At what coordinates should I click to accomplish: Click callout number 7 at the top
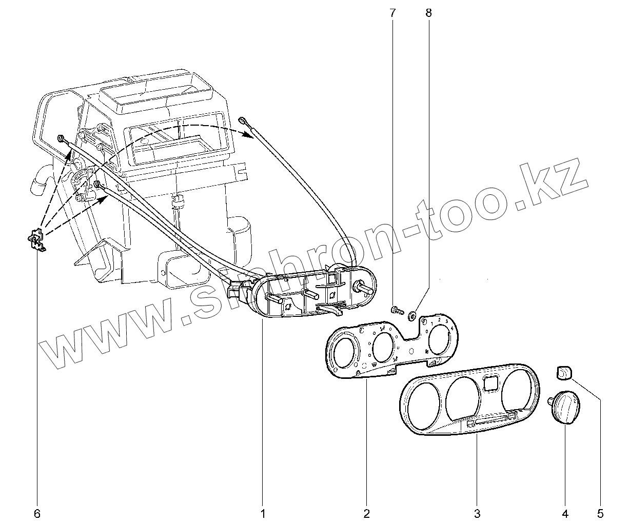[393, 13]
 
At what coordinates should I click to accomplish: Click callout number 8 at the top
[428, 13]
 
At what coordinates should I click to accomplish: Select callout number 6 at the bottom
[37, 513]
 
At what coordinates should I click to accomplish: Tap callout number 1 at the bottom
[262, 513]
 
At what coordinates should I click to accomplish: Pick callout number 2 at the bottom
[366, 513]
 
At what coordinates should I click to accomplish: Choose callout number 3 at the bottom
[477, 513]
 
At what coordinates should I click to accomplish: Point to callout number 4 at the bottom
[565, 513]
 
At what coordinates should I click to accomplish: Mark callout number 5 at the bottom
[601, 513]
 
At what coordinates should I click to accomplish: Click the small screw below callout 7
[396, 309]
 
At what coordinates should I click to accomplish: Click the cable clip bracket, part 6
[36, 239]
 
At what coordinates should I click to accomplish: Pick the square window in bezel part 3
[490, 382]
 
